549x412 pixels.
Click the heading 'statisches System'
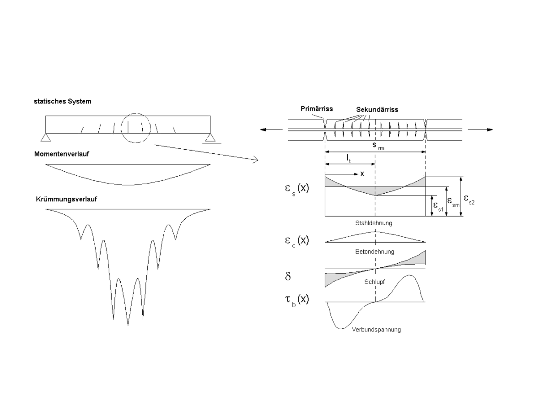[62, 101]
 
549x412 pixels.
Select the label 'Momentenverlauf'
[61, 154]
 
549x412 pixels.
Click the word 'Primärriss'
[317, 109]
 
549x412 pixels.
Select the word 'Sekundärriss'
[377, 109]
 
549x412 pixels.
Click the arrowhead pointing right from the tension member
[490, 130]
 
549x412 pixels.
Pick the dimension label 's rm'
[376, 146]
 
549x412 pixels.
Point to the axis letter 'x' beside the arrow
[362, 174]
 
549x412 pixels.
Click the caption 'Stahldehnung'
[373, 223]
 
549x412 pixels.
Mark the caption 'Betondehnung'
[375, 251]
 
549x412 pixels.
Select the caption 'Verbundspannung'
[377, 329]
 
